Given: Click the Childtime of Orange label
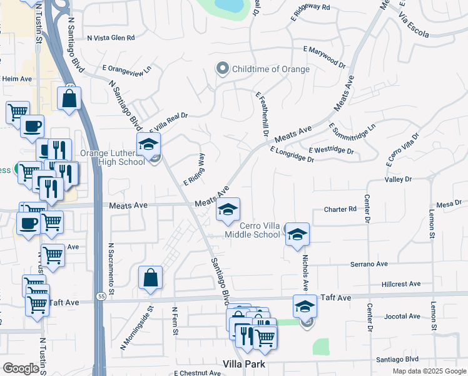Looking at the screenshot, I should (x=270, y=69).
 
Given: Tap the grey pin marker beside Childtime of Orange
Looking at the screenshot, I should (x=221, y=69).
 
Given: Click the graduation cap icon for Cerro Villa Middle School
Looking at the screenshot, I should (x=297, y=234).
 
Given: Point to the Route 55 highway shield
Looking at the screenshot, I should (x=101, y=296).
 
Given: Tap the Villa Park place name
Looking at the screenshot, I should (x=245, y=364).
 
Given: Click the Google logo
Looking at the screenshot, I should (x=20, y=368).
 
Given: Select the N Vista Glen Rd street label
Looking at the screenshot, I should (x=111, y=38).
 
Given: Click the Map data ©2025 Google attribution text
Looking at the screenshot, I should (x=429, y=371).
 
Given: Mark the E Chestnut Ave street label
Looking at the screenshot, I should (x=197, y=373).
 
